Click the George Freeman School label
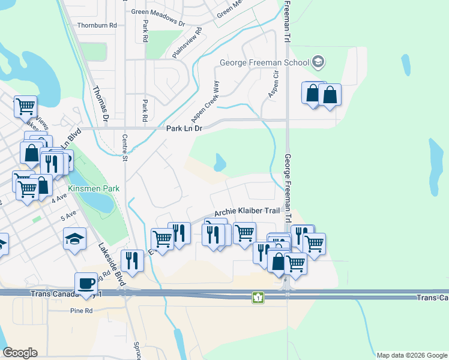pos(264,62)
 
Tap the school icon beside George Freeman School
pos(318,62)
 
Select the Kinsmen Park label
pos(94,188)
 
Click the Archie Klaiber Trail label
pos(247,212)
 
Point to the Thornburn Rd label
pos(97,26)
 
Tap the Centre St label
pos(125,148)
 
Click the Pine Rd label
pos(81,311)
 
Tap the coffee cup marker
pos(86,283)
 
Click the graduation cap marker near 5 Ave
pos(75,239)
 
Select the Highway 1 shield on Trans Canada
pos(258,298)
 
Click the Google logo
pos(20,353)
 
